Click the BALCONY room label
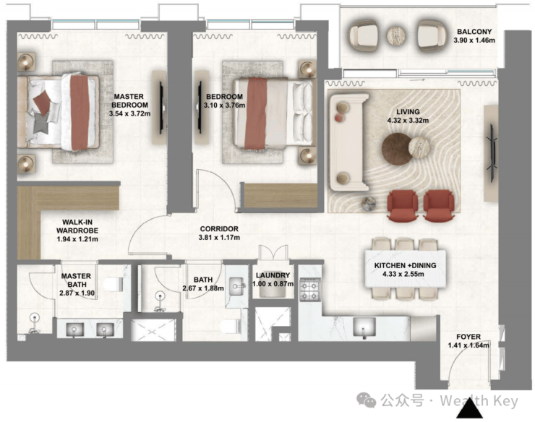point(474,32)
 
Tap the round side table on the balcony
point(396,35)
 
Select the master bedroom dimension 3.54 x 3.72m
point(129,113)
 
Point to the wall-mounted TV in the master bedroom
point(162,108)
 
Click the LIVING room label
point(408,111)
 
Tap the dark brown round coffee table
point(397,150)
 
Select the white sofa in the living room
point(348,142)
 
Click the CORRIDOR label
point(219,228)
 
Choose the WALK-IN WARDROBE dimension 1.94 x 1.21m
point(77,239)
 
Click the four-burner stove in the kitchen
point(310,289)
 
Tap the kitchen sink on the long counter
point(364,327)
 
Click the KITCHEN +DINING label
point(405,265)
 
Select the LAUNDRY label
point(273,275)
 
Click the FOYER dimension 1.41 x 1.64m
point(468,345)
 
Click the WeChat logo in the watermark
point(366,400)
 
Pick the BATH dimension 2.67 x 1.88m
point(203,288)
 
